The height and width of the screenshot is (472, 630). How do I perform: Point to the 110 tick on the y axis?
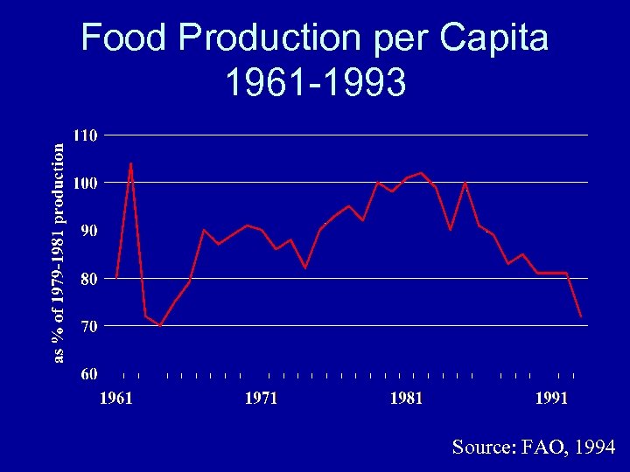point(86,135)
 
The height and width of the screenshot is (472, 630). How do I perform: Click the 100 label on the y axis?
point(86,183)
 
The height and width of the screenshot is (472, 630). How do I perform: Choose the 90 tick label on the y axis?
point(88,231)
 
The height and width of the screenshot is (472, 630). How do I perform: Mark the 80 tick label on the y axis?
point(88,278)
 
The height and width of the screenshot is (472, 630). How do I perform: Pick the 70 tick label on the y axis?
point(88,326)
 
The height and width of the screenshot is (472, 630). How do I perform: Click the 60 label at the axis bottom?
point(88,374)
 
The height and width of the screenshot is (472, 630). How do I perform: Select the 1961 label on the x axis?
point(116,399)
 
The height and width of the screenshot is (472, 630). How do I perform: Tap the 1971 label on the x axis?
point(262,399)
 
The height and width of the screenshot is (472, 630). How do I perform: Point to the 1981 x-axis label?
point(406,399)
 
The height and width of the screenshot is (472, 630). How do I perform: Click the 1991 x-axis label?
point(551,399)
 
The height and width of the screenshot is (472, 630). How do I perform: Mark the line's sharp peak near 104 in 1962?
point(131,163)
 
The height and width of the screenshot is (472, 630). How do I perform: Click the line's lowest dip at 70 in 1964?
point(160,325)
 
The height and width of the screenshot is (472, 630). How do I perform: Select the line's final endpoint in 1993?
point(581,316)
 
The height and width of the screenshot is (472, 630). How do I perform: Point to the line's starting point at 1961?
point(117,277)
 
